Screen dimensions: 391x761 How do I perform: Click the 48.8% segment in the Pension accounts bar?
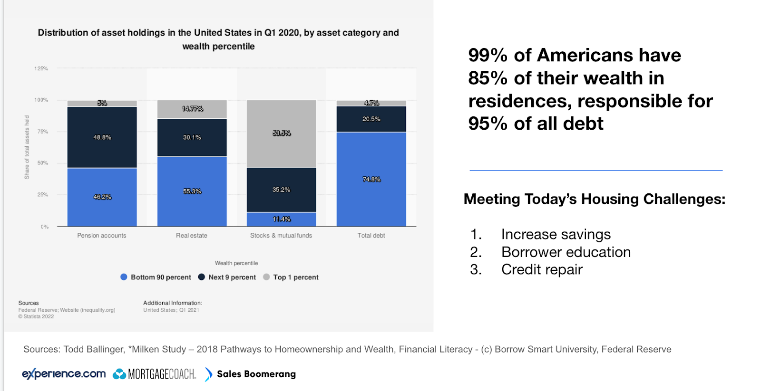(x=102, y=137)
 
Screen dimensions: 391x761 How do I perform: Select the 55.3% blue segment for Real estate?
(x=192, y=191)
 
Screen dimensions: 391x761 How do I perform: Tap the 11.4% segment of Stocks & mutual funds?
(x=281, y=219)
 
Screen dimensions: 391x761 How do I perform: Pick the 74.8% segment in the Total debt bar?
(x=371, y=179)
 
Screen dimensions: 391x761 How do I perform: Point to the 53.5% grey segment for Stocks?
(x=281, y=134)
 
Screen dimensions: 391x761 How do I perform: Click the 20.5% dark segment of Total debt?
(x=371, y=119)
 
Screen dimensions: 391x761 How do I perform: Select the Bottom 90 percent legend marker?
(x=124, y=277)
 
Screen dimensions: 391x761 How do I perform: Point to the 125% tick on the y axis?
(x=41, y=68)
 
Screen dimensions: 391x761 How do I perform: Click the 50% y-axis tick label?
(x=43, y=163)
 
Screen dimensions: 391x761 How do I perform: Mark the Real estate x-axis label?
(x=192, y=236)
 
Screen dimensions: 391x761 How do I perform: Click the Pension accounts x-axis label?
(x=102, y=236)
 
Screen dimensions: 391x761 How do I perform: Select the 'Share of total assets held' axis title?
(x=27, y=147)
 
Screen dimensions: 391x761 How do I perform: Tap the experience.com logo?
(x=64, y=374)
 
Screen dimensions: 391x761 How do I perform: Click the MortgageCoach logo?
(x=155, y=374)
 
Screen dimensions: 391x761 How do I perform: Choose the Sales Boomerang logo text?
(x=256, y=374)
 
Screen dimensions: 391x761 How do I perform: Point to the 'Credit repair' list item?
(x=542, y=269)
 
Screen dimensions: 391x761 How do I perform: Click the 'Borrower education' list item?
(x=566, y=252)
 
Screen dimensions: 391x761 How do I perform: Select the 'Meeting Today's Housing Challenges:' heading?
(x=595, y=199)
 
